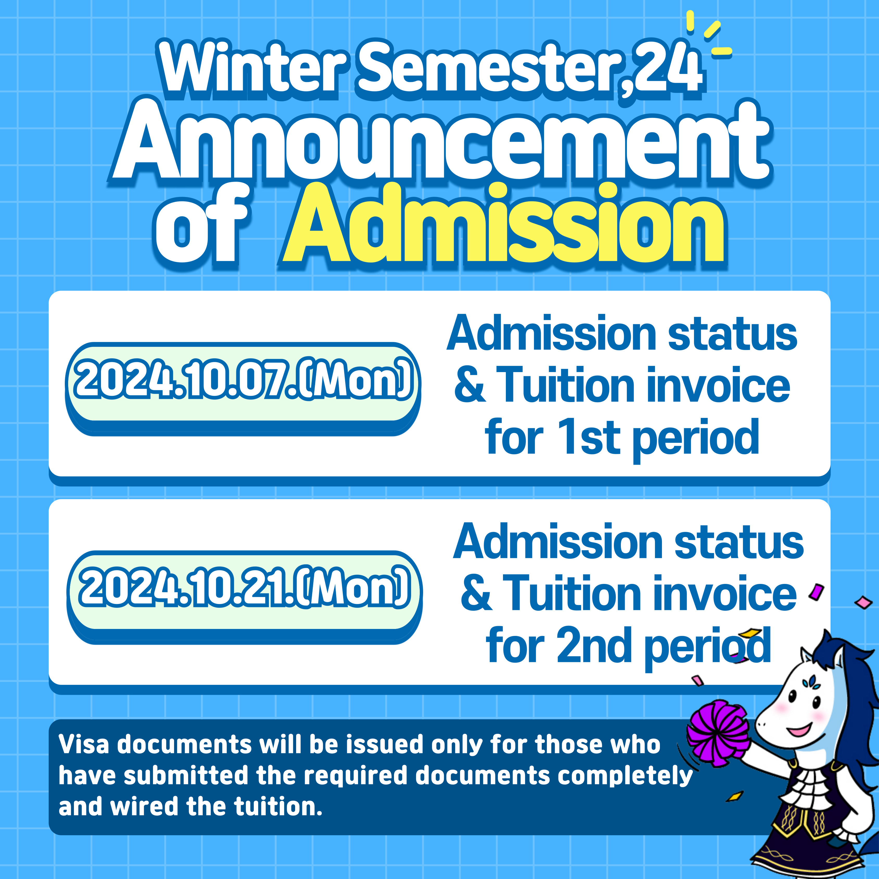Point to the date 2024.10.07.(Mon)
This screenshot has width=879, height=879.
tap(243, 379)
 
